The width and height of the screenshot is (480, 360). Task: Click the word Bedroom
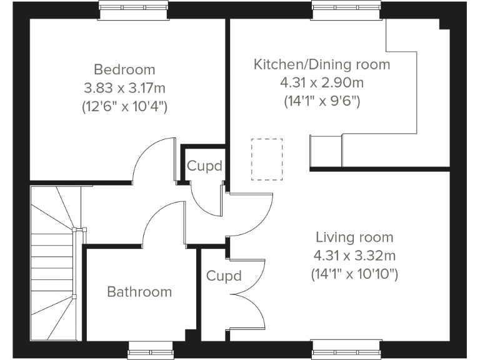(x=124, y=69)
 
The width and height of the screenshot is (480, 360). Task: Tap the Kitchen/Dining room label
(x=321, y=64)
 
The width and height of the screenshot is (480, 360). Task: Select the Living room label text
(x=354, y=237)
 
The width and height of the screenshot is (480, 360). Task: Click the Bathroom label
(x=139, y=292)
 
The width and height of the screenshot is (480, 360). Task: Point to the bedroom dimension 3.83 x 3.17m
(x=124, y=87)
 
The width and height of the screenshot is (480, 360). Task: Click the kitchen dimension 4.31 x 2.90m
(x=321, y=82)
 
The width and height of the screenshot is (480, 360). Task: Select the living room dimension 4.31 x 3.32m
(x=354, y=256)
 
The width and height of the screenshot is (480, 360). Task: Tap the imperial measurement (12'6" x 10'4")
(x=124, y=106)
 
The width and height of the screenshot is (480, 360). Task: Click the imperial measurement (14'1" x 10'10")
(x=354, y=274)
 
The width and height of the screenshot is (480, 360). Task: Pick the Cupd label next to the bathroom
(x=224, y=276)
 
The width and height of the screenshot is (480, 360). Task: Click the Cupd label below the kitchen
(x=204, y=166)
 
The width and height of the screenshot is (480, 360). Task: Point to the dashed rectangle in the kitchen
(x=267, y=159)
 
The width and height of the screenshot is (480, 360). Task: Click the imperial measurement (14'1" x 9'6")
(x=321, y=101)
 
